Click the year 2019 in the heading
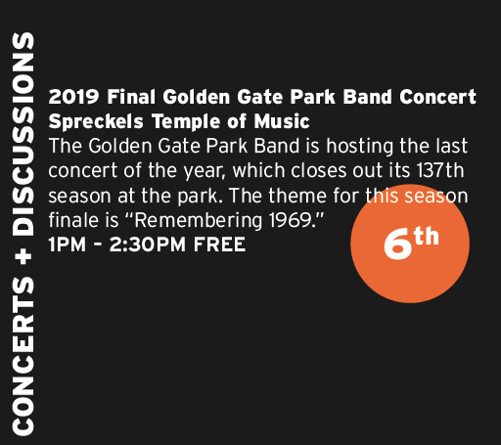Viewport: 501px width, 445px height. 73,97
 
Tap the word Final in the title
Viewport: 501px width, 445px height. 131,97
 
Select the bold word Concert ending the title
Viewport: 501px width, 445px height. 437,97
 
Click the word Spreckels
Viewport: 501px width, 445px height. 96,122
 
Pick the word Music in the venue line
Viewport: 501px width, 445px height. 282,121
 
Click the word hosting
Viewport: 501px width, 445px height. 360,147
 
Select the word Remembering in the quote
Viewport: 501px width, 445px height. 198,221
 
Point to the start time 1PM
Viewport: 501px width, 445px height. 68,245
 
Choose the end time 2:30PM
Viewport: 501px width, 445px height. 148,245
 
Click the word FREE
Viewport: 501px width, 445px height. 219,245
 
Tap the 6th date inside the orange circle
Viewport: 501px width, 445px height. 411,243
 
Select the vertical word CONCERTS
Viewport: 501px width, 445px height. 23,355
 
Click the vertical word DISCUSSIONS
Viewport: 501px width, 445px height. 23,134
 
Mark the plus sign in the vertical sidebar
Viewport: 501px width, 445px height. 23,256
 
